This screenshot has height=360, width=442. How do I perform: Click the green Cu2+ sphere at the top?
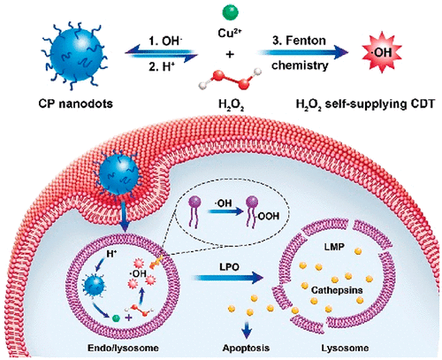230,12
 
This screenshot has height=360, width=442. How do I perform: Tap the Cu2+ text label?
230,33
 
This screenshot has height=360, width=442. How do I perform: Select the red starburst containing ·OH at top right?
382,51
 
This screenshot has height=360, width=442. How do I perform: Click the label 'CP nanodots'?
76,103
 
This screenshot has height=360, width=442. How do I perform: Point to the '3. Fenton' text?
299,41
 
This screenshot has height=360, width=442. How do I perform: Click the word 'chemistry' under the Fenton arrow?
300,65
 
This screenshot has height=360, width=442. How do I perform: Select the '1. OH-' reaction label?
165,41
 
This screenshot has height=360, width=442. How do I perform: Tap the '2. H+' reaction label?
162,67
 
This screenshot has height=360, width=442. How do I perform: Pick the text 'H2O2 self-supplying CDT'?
365,104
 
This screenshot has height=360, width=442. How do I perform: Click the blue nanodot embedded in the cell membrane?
119,174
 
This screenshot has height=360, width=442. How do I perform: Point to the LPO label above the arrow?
229,267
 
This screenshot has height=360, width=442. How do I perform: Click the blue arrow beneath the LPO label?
228,278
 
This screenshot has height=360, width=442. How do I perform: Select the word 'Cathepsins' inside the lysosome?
337,290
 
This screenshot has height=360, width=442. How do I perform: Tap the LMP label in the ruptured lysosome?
334,247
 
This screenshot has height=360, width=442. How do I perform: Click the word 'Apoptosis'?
246,348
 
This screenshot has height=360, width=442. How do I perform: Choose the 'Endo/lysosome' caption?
123,348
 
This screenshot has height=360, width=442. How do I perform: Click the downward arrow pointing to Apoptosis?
247,329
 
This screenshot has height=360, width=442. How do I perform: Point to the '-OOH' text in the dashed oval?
268,217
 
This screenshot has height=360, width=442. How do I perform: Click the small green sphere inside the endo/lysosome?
117,318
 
